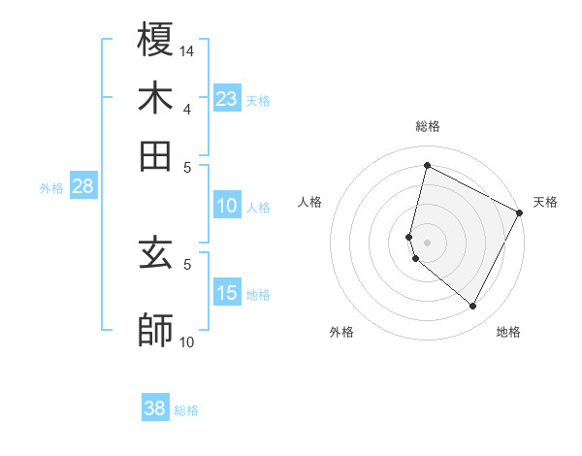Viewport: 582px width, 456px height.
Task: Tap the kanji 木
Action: (x=156, y=98)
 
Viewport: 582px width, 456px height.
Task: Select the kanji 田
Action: (x=156, y=156)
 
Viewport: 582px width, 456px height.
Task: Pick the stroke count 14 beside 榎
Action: (x=187, y=49)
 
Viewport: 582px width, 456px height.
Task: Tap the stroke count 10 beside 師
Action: (x=186, y=342)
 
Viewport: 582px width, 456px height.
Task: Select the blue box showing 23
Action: (x=227, y=99)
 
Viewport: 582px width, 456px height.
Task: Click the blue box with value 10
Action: (x=227, y=206)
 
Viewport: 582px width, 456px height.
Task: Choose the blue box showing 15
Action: (x=227, y=294)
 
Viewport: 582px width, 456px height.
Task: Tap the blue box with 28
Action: (x=82, y=187)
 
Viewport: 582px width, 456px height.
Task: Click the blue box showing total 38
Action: (x=155, y=408)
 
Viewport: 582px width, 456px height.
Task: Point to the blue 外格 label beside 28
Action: (x=51, y=188)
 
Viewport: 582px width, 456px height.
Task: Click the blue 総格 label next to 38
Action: (x=186, y=410)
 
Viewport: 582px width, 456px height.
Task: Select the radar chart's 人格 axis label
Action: (x=310, y=202)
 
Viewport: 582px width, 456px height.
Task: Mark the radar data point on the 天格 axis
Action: (x=520, y=213)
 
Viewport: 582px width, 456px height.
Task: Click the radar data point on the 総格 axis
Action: (x=427, y=165)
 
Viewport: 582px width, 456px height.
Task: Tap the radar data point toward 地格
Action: (x=472, y=307)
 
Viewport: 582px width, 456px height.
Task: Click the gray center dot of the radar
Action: (x=427, y=242)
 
